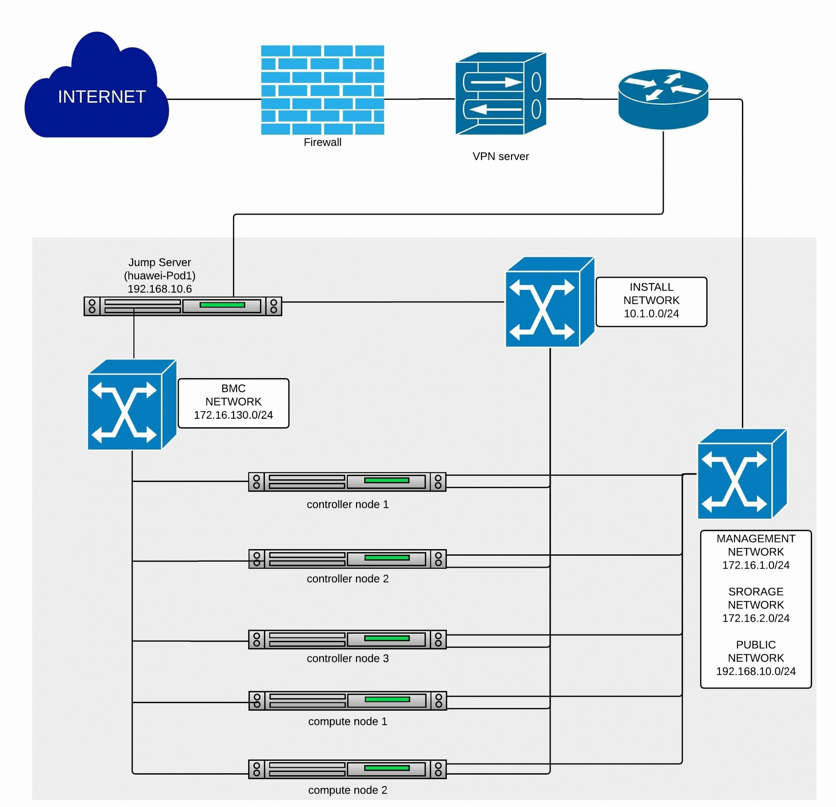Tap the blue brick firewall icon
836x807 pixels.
pyautogui.click(x=323, y=90)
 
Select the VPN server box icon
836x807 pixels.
pyautogui.click(x=501, y=93)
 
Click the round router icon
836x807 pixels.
pyautogui.click(x=663, y=99)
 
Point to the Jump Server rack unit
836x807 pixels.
pyautogui.click(x=183, y=306)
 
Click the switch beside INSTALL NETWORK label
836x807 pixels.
pyautogui.click(x=550, y=302)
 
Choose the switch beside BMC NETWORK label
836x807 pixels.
pyautogui.click(x=132, y=404)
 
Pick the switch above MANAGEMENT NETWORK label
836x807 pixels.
pyautogui.click(x=742, y=474)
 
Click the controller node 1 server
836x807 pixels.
pyautogui.click(x=347, y=482)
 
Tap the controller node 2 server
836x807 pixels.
pyautogui.click(x=347, y=559)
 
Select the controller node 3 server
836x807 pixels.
pyautogui.click(x=347, y=640)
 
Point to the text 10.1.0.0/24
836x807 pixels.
pyautogui.click(x=651, y=314)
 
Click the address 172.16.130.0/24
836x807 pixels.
pyautogui.click(x=233, y=415)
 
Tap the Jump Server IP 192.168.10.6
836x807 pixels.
pyautogui.click(x=160, y=289)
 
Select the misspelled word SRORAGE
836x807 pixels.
pyautogui.click(x=756, y=592)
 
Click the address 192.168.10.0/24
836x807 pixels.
pyautogui.click(x=756, y=671)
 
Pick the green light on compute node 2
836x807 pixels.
pyautogui.click(x=387, y=768)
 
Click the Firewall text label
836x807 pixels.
pyautogui.click(x=323, y=142)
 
